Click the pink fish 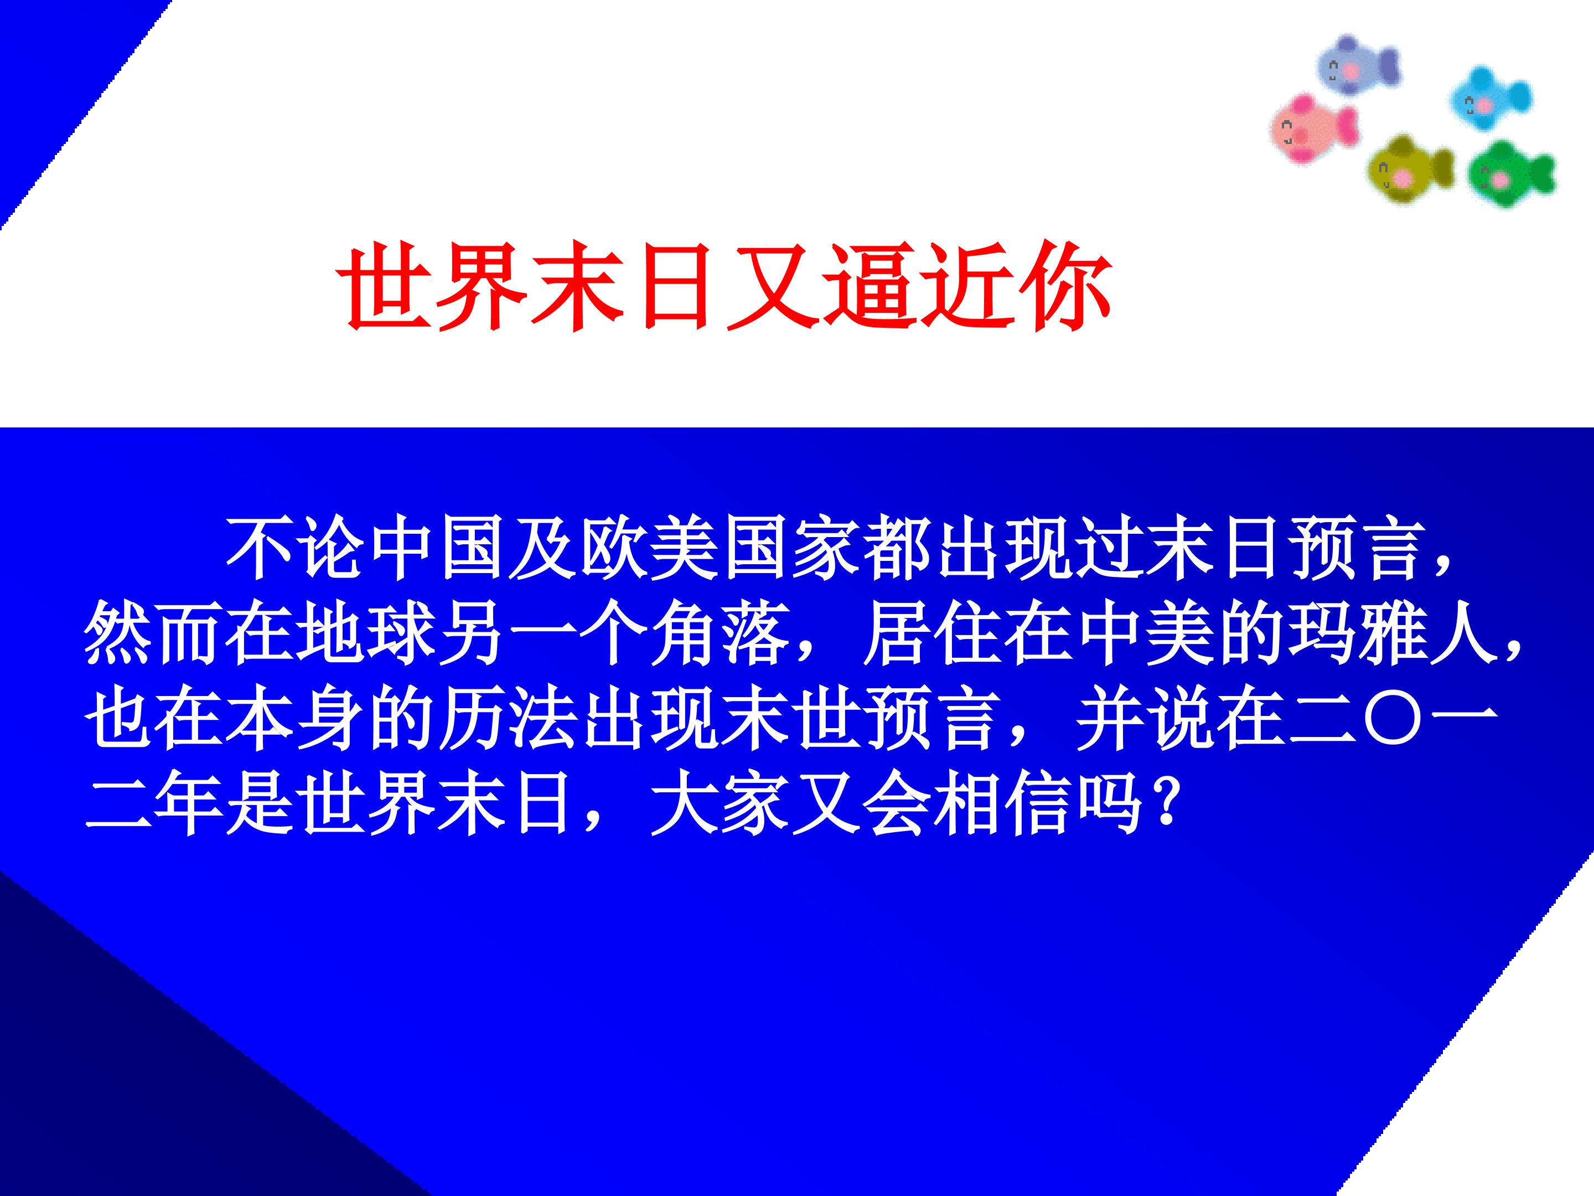click(x=1313, y=129)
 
